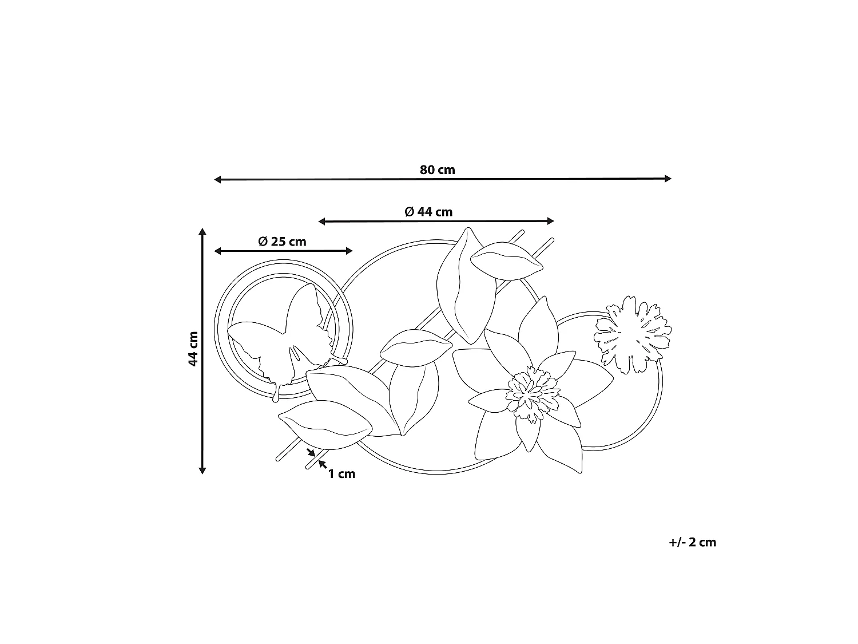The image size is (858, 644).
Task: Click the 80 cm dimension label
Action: pos(438,169)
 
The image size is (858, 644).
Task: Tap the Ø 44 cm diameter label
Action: pos(428,212)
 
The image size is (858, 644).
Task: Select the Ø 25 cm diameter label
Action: pos(282,242)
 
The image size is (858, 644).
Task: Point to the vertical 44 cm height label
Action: pos(193,349)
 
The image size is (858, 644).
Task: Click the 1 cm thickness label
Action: pos(341,474)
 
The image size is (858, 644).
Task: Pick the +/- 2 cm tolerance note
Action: pos(692,542)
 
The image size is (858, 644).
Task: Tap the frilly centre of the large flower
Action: pos(533,394)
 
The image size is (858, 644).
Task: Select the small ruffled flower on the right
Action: pos(633,334)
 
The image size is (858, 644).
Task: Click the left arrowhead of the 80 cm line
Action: pos(217,180)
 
